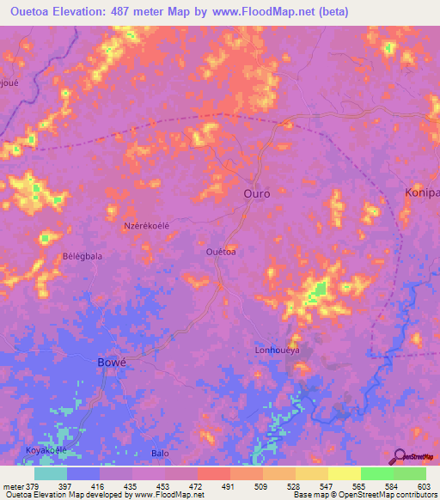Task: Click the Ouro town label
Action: pyautogui.click(x=256, y=193)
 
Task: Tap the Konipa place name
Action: pyautogui.click(x=422, y=193)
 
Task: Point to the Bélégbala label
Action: pyautogui.click(x=82, y=257)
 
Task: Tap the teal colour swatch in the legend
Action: pyautogui.click(x=51, y=473)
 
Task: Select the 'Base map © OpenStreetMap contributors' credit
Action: pyautogui.click(x=365, y=495)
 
